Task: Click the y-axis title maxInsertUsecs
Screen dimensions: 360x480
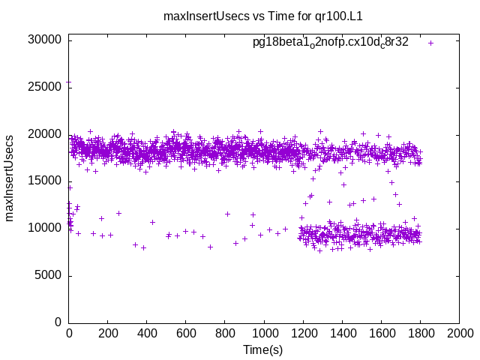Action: coord(10,178)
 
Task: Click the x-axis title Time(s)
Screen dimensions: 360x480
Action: coord(262,349)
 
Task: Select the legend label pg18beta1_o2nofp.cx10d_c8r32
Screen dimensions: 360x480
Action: coord(330,43)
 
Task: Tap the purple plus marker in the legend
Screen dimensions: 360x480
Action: coord(430,43)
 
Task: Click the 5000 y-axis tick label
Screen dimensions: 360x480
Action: coord(49,275)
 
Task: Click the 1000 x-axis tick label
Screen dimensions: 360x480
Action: coord(264,334)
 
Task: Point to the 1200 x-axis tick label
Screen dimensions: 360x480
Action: coord(303,334)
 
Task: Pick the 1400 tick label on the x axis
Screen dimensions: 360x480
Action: coord(342,334)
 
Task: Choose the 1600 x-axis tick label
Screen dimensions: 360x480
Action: coord(381,334)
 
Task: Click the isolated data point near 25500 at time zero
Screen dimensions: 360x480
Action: coord(69,82)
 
